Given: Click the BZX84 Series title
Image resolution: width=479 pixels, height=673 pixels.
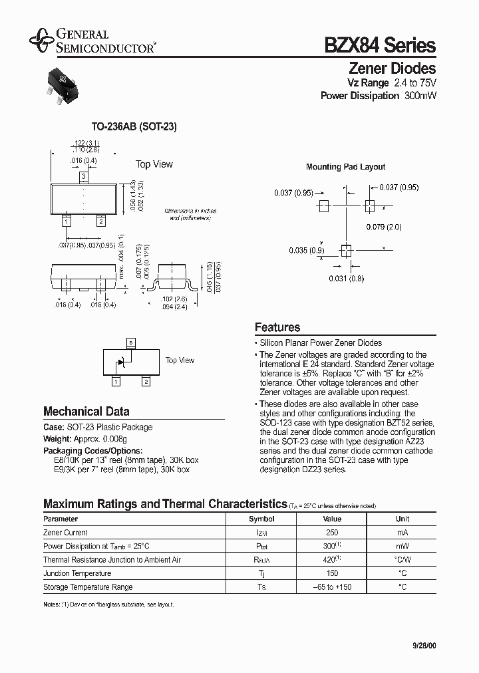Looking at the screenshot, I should coord(380,45).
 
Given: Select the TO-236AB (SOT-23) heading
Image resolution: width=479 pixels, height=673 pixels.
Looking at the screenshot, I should coord(134,126).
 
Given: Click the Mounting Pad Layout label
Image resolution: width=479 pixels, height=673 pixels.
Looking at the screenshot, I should coord(345,167).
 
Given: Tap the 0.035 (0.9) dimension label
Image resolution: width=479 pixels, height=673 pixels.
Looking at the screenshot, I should coord(306,251).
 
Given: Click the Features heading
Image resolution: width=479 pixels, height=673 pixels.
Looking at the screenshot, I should coord(277,327).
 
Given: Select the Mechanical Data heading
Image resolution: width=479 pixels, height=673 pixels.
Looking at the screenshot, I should coord(86,411).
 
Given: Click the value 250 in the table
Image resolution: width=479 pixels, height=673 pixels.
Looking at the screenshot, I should coord(332,533).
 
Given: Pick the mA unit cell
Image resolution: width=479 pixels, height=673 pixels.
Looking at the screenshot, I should coord(402,533).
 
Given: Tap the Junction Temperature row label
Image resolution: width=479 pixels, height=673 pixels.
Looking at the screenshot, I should coord(77,573).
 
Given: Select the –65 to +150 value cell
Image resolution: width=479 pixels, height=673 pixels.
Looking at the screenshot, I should coord(332,587).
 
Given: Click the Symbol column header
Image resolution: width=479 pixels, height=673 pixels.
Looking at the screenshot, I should coord(261,519).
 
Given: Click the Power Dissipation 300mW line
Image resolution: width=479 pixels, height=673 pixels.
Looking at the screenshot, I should coord(379,96).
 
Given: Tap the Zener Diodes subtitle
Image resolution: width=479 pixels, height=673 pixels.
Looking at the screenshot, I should coord(393,68).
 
